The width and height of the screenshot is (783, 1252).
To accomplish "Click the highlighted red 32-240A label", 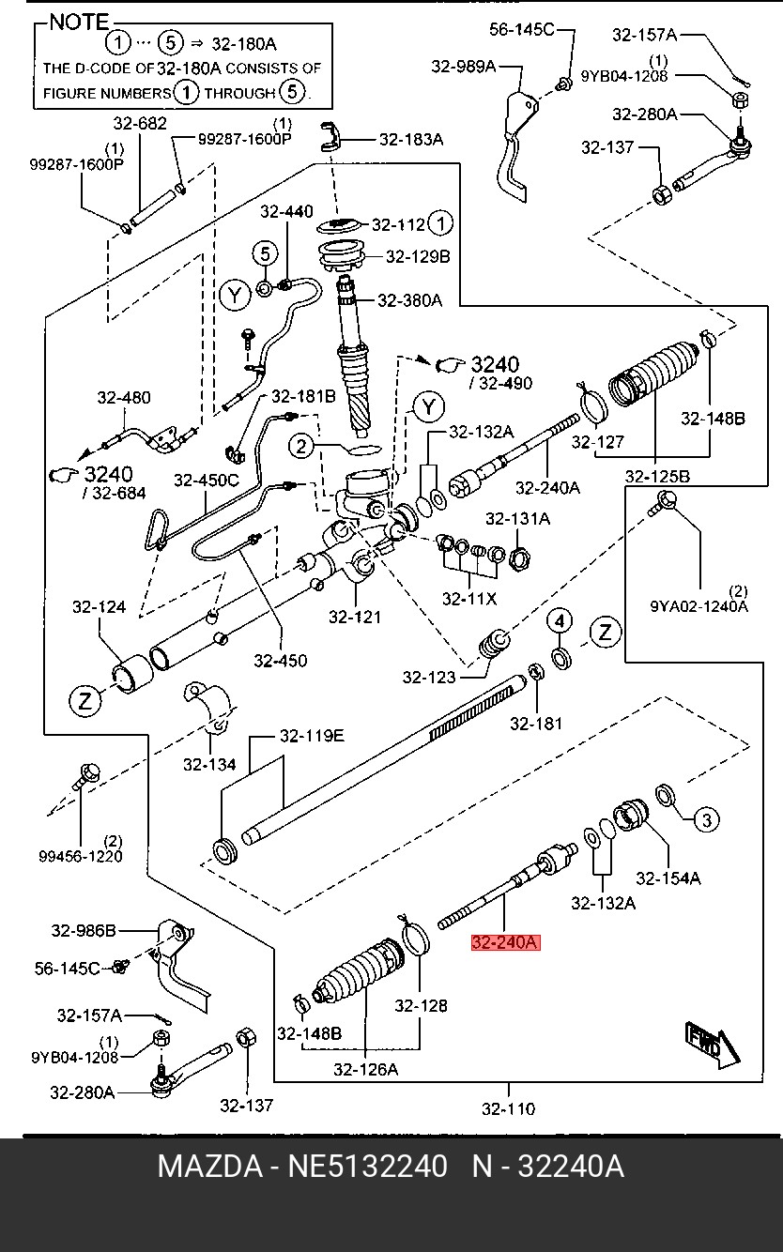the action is pos(506,942).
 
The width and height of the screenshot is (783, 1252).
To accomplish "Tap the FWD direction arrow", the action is pos(712,1045).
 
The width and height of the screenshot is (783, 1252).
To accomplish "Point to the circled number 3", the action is pos(706,820).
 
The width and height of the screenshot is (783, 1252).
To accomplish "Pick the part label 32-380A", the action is pos(410,300).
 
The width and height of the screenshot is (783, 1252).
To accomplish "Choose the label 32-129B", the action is pos(418,256).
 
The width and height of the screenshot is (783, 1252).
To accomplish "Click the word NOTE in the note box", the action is pos(80,23).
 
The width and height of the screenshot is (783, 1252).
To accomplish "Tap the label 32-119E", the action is pos(312,736).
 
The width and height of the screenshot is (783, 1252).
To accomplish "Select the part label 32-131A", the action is pos(518,519).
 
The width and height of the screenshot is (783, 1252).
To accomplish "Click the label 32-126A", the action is pos(366,1069).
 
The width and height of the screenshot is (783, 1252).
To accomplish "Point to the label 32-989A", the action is pos(464,67).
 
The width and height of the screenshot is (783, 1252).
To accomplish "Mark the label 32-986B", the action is pos(84,930).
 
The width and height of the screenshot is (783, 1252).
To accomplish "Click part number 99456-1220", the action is pos(81,856).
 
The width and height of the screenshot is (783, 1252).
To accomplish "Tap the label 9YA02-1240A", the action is pos(699,606).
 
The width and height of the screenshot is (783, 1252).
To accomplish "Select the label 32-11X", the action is pos(469,599).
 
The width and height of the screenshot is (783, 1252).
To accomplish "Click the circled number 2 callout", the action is pos(301,446).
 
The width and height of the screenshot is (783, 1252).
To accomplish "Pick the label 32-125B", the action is pos(658,476).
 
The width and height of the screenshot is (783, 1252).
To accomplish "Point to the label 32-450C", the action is pos(207,481).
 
